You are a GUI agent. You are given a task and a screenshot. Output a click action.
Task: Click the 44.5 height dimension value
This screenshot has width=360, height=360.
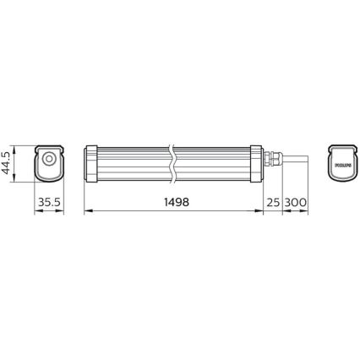(8, 161)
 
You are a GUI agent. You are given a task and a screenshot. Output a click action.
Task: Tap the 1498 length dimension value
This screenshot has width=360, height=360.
(173, 204)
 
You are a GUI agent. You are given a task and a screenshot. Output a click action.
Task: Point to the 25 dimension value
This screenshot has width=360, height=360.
(273, 204)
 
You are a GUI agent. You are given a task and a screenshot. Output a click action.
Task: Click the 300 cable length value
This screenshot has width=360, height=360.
(297, 204)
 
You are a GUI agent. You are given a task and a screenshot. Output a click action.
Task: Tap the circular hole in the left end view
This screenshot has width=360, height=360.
(49, 159)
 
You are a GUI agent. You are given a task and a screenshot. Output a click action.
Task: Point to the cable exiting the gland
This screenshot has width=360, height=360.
(296, 161)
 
